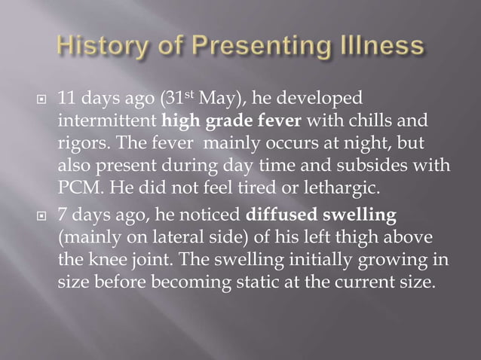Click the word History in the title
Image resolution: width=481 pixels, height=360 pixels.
pyautogui.click(x=103, y=47)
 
